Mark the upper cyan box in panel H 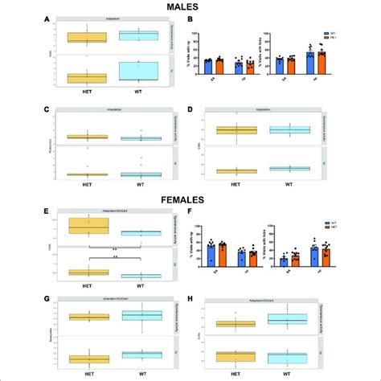(x=287, y=321)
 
